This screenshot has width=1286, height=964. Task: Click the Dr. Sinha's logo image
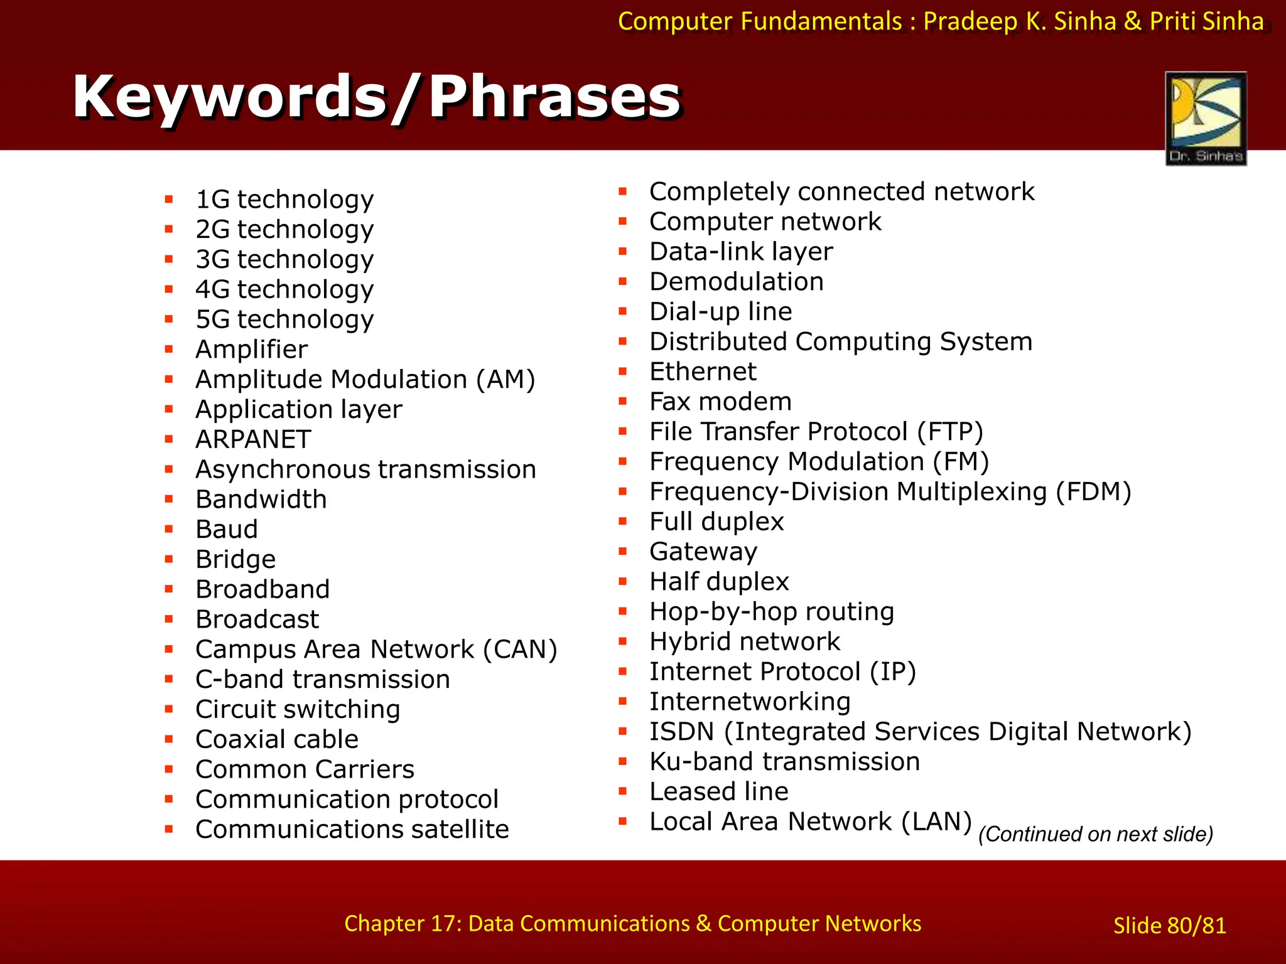[1206, 118]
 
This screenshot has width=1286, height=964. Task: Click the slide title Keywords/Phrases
[377, 97]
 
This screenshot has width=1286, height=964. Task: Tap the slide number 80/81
[1169, 926]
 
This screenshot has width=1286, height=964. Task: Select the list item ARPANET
[253, 439]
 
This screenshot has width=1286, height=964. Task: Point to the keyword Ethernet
[703, 372]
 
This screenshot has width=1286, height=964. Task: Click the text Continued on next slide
[1095, 834]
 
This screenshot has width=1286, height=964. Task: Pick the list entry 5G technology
[284, 319]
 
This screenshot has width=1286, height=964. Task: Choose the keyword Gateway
[703, 552]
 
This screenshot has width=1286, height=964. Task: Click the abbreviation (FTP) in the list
[949, 432]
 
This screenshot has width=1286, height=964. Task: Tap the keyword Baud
[227, 530]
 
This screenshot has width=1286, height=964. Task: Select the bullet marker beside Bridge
[169, 559]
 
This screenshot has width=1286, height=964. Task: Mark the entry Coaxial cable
[277, 739]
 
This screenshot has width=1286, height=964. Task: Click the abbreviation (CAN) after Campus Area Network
[520, 650]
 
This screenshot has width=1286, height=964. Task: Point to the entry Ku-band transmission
[784, 762]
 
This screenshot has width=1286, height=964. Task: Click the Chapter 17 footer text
[632, 923]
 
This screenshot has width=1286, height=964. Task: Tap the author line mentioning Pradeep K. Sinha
[940, 21]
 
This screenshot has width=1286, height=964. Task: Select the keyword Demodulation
[736, 282]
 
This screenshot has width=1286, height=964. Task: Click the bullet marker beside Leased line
[623, 791]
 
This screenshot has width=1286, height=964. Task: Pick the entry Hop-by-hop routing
[772, 612]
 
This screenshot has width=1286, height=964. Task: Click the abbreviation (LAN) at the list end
[936, 822]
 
